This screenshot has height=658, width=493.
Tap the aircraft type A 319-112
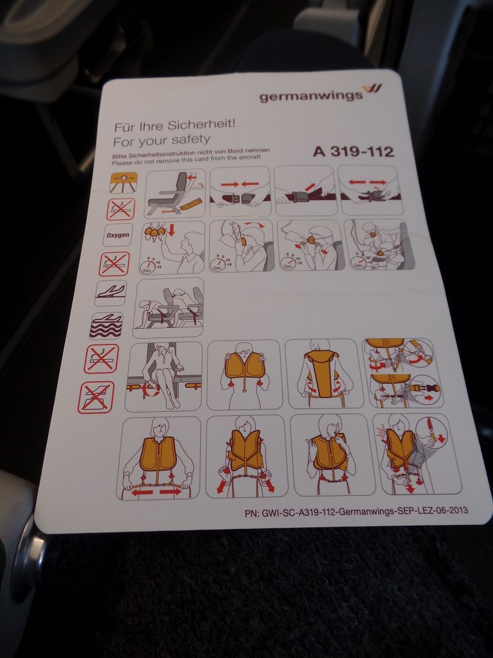354,150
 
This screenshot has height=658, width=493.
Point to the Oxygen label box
118,235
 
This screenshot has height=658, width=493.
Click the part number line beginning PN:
356,512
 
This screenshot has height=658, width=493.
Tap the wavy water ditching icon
106,325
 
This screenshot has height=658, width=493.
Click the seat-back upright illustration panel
175,193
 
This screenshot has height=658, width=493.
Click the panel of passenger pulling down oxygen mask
172,248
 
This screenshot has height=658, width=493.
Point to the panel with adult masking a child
380,245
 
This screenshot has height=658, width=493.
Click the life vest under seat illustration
164,377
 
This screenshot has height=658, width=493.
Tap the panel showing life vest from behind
324,373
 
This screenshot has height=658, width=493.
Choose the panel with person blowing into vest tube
332,455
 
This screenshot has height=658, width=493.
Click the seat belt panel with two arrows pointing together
240,191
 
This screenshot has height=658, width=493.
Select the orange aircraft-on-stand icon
124,182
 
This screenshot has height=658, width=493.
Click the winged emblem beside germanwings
372,88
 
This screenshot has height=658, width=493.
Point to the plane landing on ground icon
111,292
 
